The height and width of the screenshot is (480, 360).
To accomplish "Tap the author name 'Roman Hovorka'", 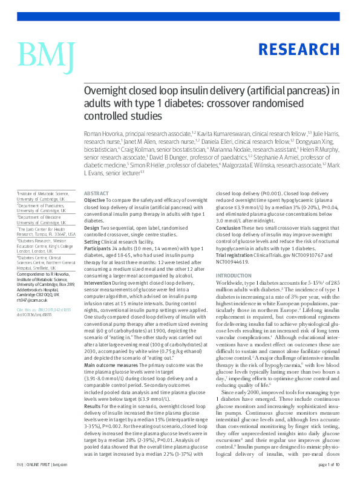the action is [x=100, y=131].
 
